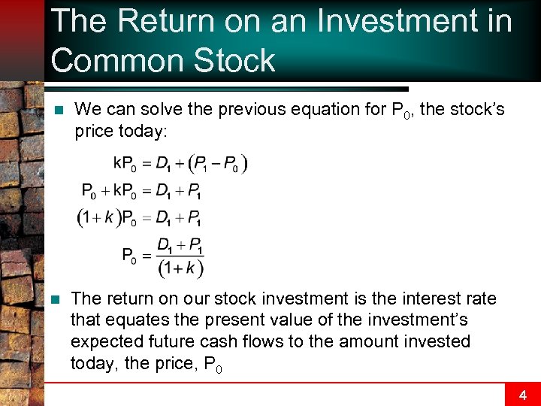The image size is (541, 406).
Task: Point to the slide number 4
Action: coord(523,394)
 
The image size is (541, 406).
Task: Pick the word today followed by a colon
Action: coord(144,132)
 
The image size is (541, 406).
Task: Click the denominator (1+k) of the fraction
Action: coord(180,267)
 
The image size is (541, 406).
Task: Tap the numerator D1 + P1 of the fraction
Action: coord(180,246)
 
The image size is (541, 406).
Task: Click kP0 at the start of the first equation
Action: coord(125,163)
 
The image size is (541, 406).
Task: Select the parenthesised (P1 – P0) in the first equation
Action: coord(218,163)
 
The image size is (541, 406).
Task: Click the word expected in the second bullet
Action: coord(104,341)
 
